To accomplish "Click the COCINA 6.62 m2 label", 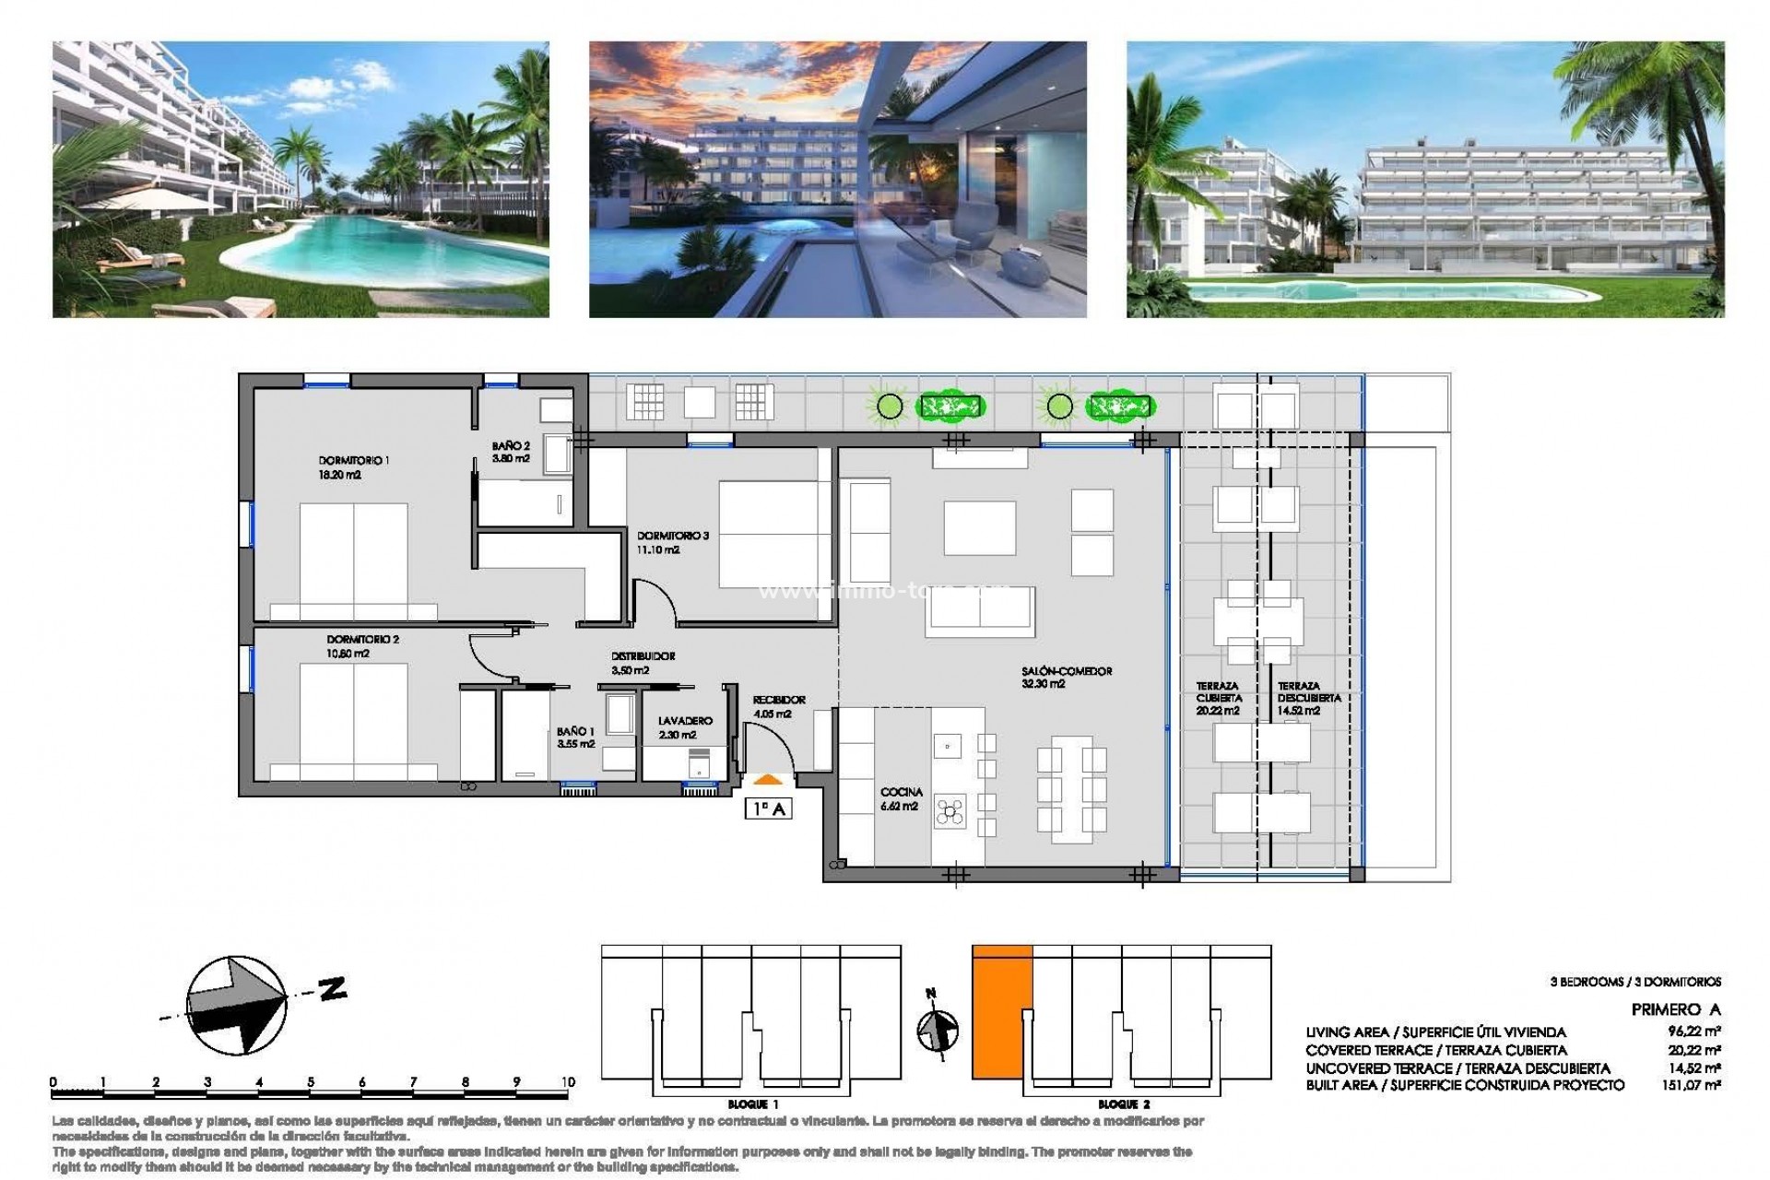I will click(901, 799).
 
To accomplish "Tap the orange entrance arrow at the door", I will click(768, 780).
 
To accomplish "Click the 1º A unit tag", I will click(768, 809).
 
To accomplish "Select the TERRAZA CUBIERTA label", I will click(1218, 698).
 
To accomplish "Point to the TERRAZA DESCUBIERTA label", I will click(1308, 698).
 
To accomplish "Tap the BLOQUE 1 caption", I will click(752, 1103).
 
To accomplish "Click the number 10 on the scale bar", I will click(567, 1082).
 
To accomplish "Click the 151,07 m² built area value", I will click(1694, 1086).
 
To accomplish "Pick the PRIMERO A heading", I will click(1675, 1009).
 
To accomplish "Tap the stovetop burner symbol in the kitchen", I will click(949, 812).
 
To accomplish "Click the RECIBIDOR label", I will click(779, 706).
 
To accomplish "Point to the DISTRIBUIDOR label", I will click(643, 663).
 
